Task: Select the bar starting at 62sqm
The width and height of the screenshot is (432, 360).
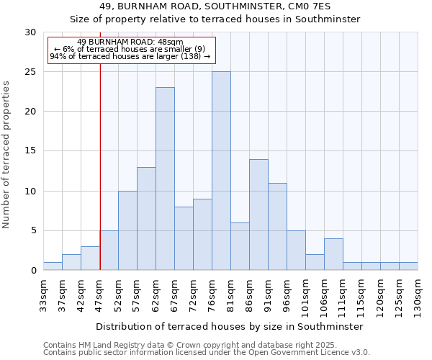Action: coord(165,179)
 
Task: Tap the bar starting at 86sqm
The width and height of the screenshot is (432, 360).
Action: coord(258,215)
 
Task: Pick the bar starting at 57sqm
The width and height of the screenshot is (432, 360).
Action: coord(146,219)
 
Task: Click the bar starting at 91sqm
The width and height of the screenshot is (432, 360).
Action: coord(277,227)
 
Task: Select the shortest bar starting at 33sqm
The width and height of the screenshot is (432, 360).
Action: coord(53,266)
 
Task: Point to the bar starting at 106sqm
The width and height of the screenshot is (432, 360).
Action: coord(333,254)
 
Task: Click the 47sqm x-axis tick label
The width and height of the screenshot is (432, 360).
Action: coord(99,293)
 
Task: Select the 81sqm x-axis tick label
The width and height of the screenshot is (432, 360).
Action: coord(230,293)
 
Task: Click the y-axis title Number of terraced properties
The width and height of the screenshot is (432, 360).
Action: coord(7,154)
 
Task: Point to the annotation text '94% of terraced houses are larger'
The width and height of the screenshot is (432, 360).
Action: coord(130,56)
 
